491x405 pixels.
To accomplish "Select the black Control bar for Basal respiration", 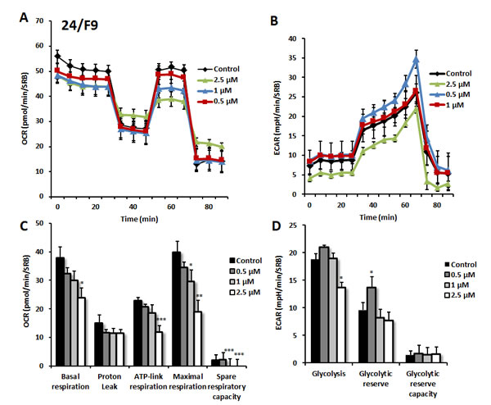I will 61,312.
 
